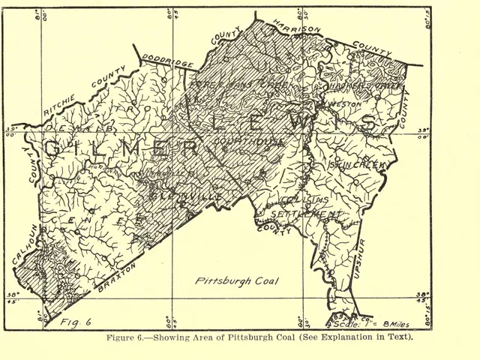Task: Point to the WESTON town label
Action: [x=337, y=106]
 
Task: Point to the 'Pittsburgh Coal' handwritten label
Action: [x=236, y=282]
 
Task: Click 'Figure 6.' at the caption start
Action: [x=131, y=337]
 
